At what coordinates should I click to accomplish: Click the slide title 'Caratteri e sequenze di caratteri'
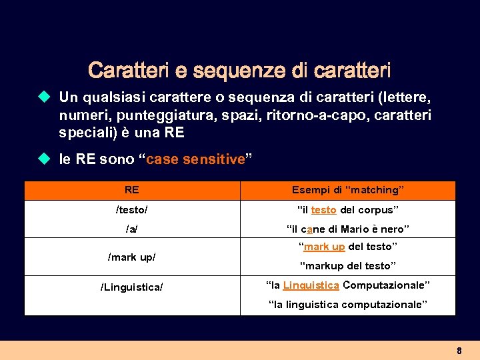tap(239, 69)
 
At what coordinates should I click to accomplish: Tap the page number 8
tap(459, 351)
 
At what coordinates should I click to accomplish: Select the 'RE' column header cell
tap(132, 190)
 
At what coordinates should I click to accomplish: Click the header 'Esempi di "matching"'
tap(347, 190)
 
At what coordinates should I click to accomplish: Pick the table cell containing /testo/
tap(132, 210)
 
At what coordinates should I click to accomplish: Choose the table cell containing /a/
tap(132, 229)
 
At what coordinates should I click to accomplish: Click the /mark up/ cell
tap(132, 257)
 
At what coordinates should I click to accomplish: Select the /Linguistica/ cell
tap(132, 287)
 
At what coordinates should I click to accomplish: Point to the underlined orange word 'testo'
tap(323, 210)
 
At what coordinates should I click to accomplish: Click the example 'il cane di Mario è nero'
tap(347, 229)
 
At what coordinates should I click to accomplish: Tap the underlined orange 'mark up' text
tap(324, 247)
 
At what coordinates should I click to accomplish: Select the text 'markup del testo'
tap(347, 266)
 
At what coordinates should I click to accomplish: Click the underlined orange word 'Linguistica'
tap(311, 285)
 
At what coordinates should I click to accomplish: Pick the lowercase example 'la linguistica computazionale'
tap(347, 305)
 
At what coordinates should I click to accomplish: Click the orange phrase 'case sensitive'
tap(195, 160)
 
